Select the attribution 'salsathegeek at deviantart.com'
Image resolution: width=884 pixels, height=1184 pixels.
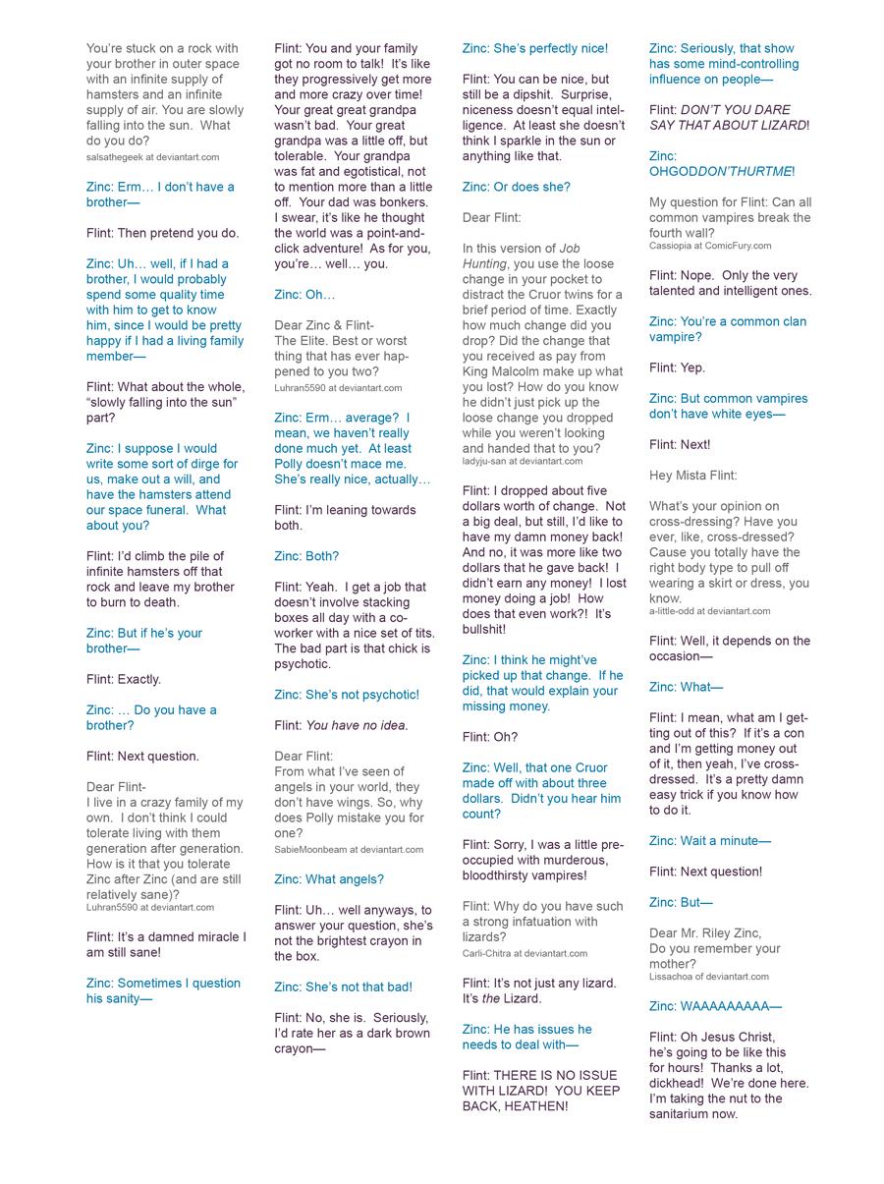coord(152,157)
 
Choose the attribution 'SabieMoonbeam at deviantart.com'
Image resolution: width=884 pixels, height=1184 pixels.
coord(349,850)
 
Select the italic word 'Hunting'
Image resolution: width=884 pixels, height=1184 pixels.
coord(484,264)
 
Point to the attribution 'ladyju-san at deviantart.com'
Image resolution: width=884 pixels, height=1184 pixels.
coord(523,462)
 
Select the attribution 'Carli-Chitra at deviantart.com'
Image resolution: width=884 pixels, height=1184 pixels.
coord(525,953)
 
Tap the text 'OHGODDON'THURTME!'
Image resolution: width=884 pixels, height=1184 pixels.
coord(722,171)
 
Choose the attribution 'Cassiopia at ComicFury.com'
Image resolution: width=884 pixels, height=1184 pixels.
coord(710,246)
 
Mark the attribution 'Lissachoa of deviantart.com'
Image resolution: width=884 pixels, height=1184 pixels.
coord(709,977)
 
